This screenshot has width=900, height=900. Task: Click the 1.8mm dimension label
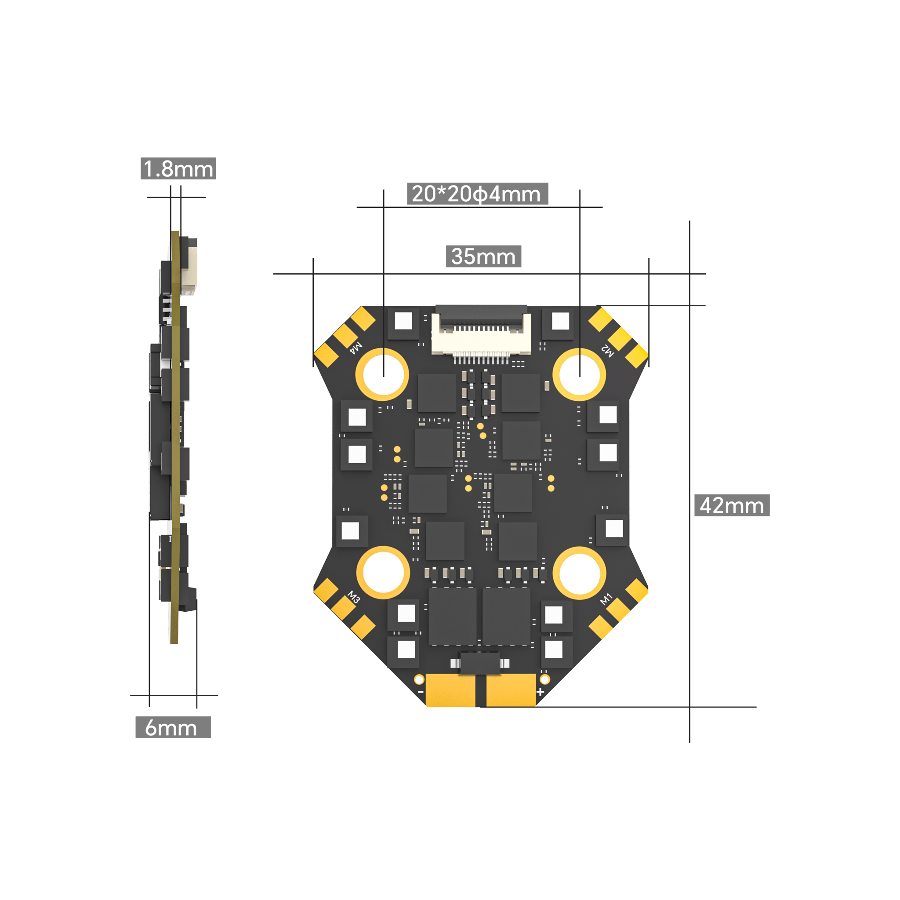coord(178,168)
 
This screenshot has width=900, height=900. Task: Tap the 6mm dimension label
coord(173,727)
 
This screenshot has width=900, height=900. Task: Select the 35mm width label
coord(483,256)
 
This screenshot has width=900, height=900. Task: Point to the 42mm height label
coord(732,505)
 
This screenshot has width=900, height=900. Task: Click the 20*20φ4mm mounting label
coord(478,194)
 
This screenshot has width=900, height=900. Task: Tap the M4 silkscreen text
coord(356,348)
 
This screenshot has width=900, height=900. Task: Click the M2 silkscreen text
coord(607,351)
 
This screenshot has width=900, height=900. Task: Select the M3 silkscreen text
coord(354,597)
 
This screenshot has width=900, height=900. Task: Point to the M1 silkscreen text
coord(606,599)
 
